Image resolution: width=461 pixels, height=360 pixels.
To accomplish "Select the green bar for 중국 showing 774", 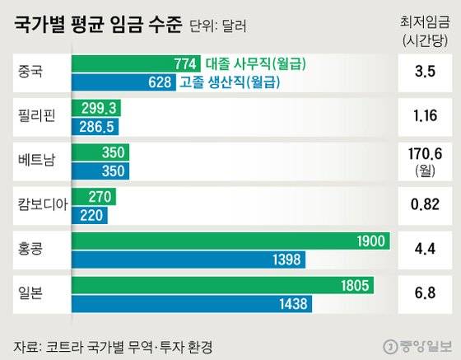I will tap(137, 63).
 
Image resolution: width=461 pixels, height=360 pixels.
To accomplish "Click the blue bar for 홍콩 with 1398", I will tap(193, 259).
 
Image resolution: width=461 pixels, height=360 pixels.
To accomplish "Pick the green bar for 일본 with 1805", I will tap(223, 286).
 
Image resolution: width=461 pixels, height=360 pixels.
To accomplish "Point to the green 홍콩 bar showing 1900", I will tap(230, 241).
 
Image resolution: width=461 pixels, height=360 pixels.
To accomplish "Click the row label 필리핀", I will tap(35, 116).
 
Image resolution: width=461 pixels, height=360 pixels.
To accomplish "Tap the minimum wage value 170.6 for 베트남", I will tap(426, 154).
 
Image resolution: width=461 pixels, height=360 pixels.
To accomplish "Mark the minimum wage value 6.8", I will tap(426, 294).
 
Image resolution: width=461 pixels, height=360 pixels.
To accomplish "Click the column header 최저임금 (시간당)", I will tap(426, 30).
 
